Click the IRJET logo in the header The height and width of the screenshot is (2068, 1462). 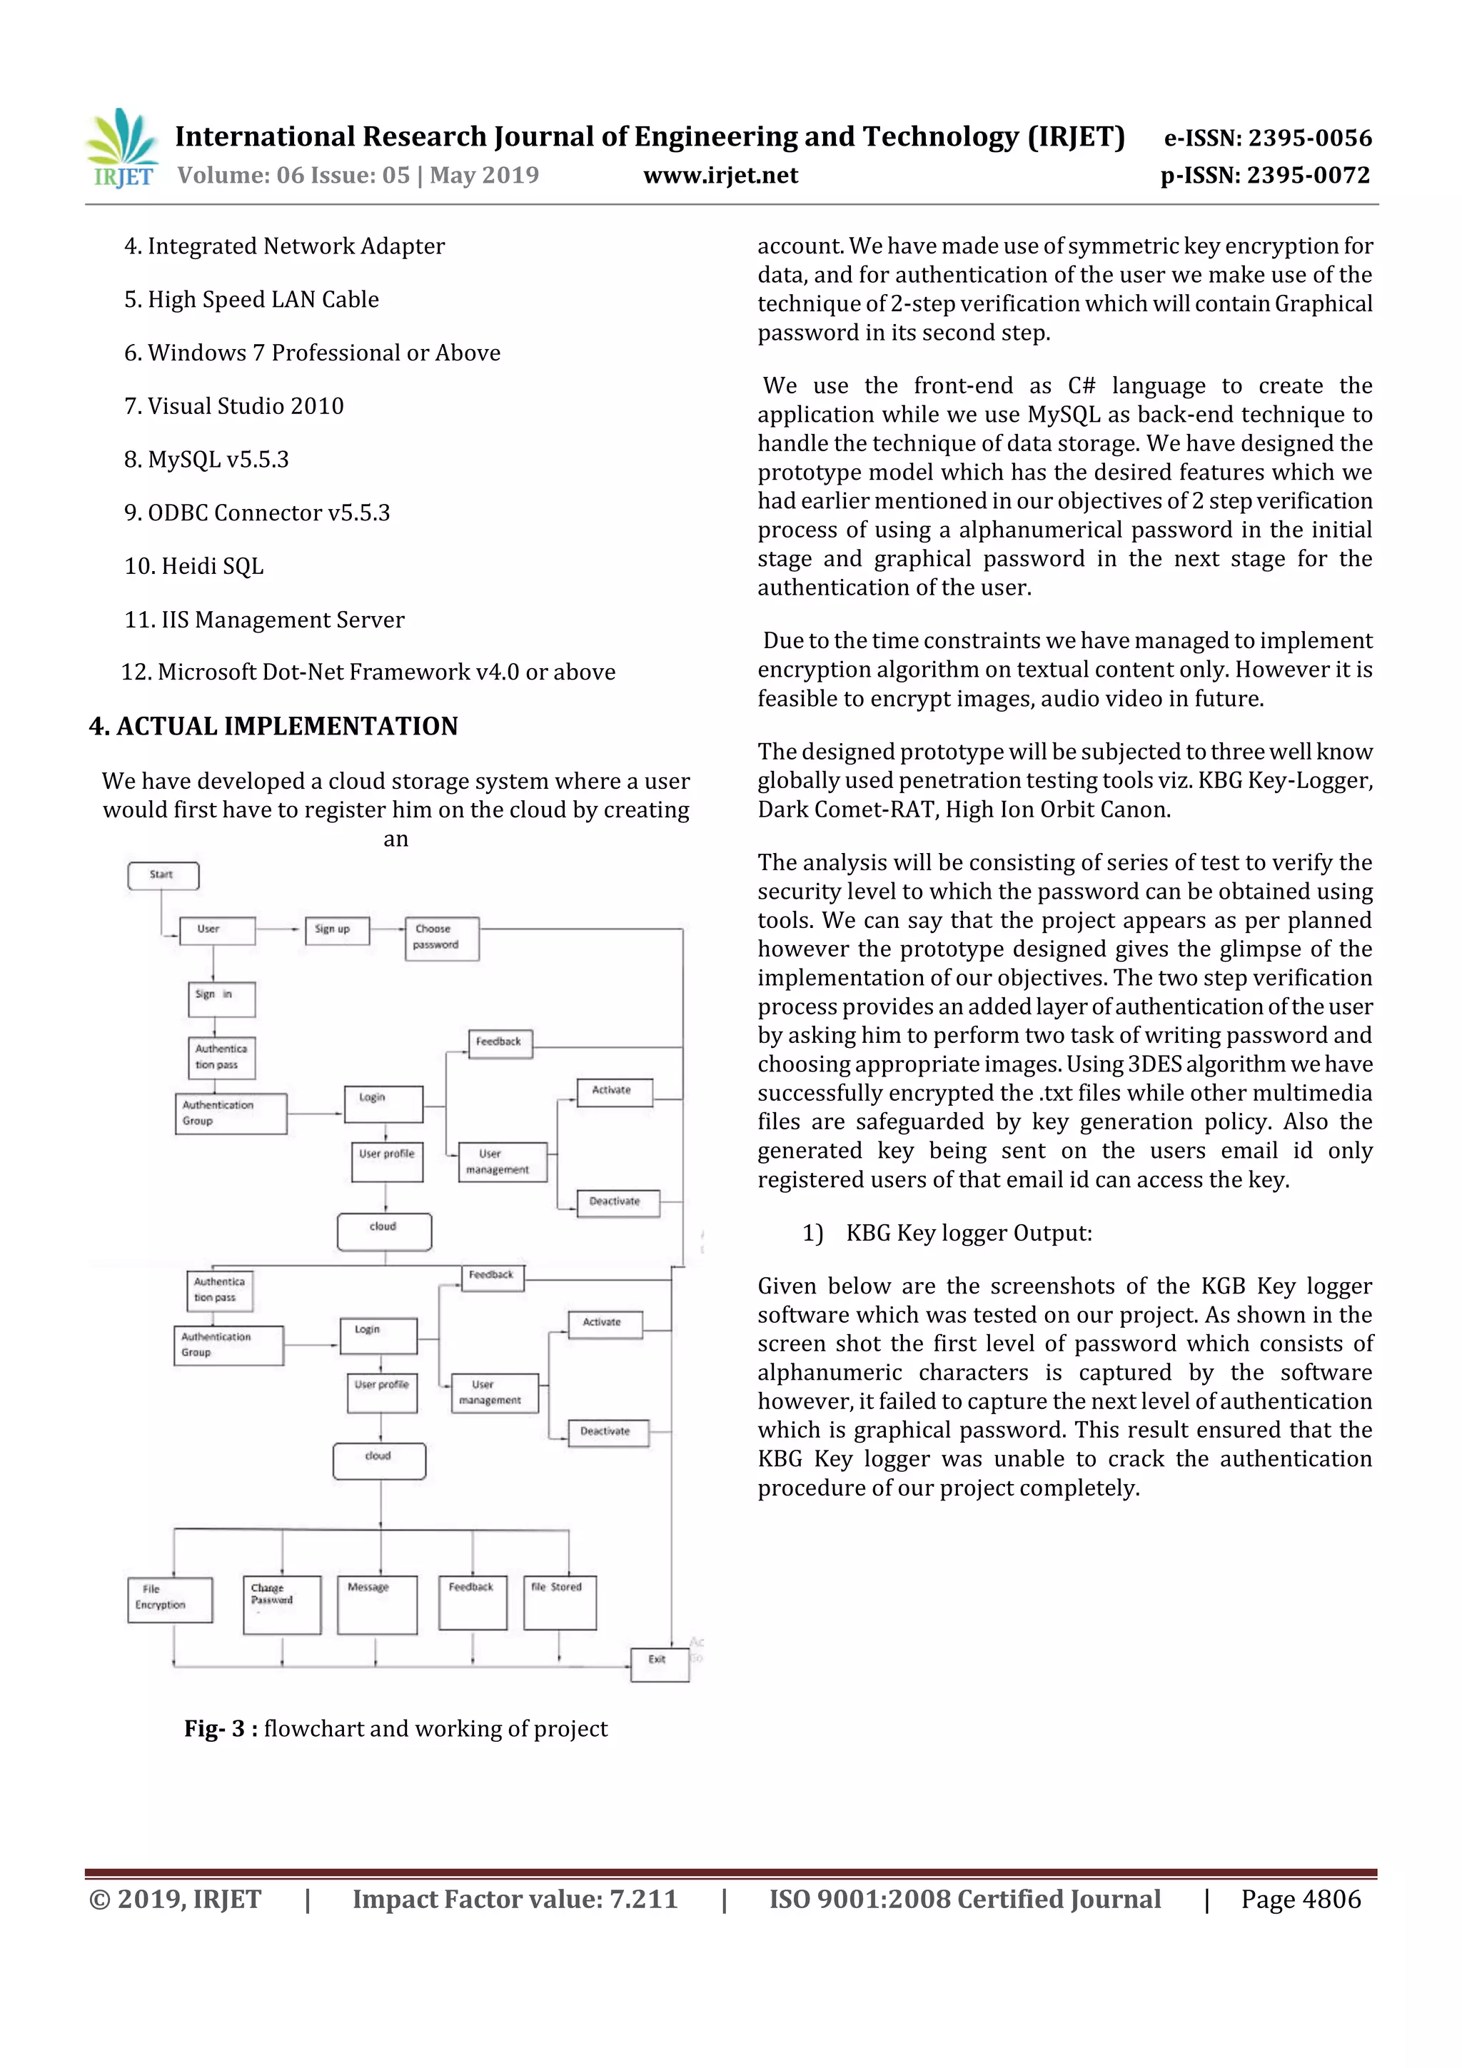coord(121,148)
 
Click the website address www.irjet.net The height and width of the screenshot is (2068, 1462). coord(720,176)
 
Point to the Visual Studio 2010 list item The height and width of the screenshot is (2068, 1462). coord(234,405)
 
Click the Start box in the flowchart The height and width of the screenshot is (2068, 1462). coord(163,875)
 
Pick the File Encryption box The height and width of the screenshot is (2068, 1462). coord(170,1600)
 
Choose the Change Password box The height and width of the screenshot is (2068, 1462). coord(282,1604)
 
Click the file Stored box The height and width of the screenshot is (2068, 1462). coord(560,1603)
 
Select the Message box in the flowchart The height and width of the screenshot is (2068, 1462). coord(376,1604)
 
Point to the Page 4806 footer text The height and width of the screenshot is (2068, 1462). coord(1300,1900)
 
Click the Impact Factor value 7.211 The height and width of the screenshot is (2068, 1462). coord(515,1900)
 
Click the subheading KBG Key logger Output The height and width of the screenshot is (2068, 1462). coord(969,1233)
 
